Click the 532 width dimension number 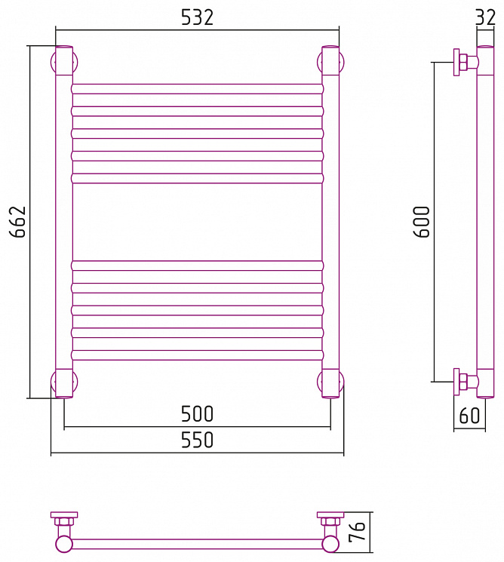pyautogui.click(x=197, y=17)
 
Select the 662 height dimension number pyautogui.click(x=18, y=222)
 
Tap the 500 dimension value pyautogui.click(x=197, y=413)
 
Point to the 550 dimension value pyautogui.click(x=197, y=440)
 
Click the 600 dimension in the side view pyautogui.click(x=422, y=222)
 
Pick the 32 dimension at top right pyautogui.click(x=486, y=17)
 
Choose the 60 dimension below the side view pyautogui.click(x=469, y=416)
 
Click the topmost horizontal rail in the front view pyautogui.click(x=197, y=89)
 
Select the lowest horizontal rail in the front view pyautogui.click(x=197, y=355)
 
